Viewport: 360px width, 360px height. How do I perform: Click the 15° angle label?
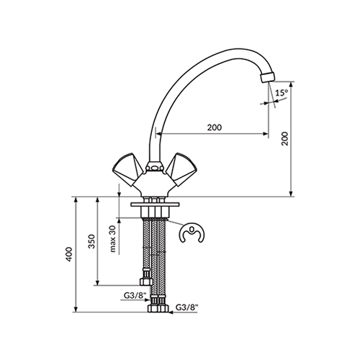(x=282, y=93)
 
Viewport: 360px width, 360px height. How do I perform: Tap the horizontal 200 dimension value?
(x=215, y=127)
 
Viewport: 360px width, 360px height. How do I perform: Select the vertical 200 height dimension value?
(x=285, y=138)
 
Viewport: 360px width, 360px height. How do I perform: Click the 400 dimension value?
(x=69, y=254)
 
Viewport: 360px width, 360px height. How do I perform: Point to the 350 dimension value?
(x=92, y=241)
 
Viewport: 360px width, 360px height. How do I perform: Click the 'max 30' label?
(x=113, y=239)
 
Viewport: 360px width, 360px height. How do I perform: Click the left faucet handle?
(x=128, y=169)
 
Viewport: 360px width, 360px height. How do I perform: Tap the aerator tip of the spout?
(x=267, y=77)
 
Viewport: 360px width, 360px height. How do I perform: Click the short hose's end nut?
(x=146, y=282)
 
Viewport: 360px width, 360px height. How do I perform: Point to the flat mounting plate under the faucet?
(x=155, y=204)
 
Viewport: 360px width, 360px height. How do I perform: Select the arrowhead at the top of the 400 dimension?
(x=76, y=200)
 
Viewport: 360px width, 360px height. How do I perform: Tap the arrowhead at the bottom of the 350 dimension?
(x=97, y=283)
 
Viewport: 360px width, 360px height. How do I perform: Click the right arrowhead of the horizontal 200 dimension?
(x=266, y=134)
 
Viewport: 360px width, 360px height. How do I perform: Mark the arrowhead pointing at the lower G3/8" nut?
(x=171, y=312)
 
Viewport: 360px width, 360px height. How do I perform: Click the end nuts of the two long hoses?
(x=158, y=308)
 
